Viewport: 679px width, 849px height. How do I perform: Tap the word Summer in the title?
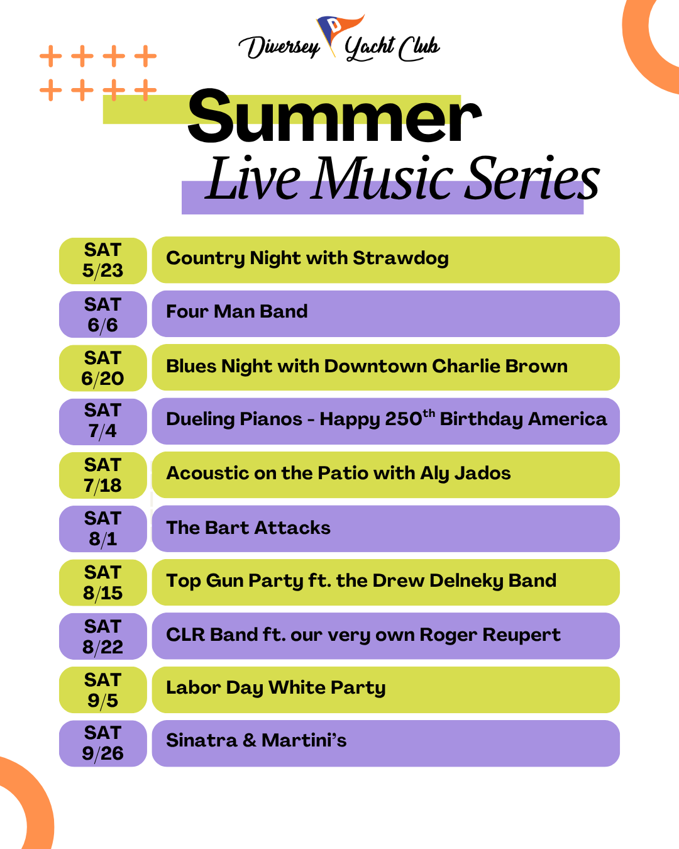pos(334,116)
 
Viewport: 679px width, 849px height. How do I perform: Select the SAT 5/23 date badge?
pos(103,260)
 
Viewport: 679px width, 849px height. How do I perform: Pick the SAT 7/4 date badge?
pos(103,421)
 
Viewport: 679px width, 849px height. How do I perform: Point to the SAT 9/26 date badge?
pos(103,743)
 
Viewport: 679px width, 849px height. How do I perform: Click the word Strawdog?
pos(401,259)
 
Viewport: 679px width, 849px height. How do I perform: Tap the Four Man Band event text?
pos(237,311)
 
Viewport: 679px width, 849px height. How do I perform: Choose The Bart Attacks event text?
pos(248,528)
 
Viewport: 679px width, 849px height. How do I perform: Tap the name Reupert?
pos(522,635)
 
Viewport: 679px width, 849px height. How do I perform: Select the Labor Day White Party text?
pos(276,688)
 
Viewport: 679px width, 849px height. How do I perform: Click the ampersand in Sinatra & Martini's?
pos(250,740)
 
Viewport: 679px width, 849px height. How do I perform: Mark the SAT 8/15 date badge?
pos(103,582)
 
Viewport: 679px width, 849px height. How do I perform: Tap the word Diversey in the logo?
pos(279,47)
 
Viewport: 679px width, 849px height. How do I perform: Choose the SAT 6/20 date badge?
pos(103,368)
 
